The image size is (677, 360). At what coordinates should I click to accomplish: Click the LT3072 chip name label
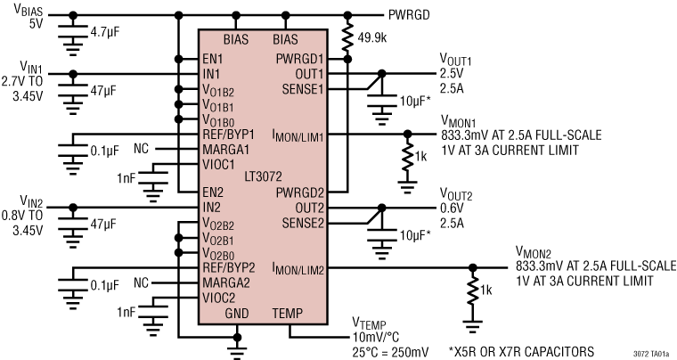[259, 176]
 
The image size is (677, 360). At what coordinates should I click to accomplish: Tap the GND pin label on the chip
[237, 313]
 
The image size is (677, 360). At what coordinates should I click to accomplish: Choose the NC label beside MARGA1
[142, 148]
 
